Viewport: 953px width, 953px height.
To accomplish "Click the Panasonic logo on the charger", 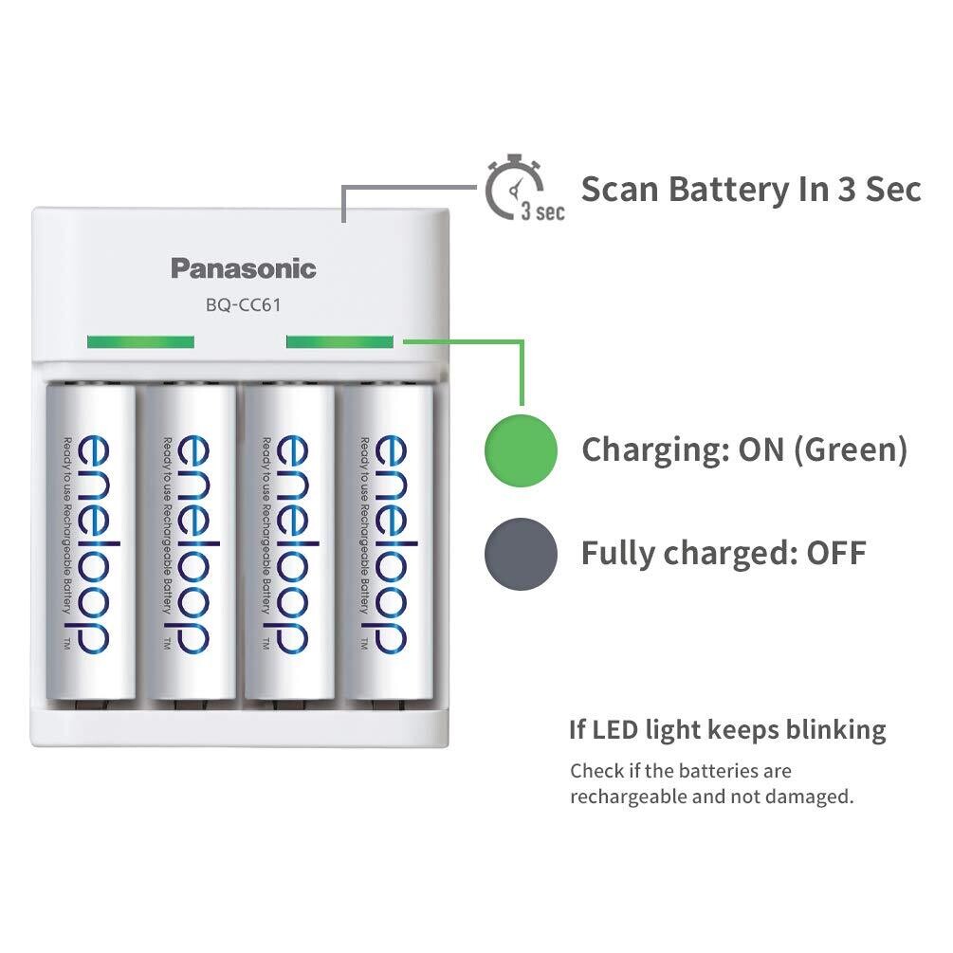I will point(243,268).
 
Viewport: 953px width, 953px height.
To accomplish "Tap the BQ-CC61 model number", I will point(243,305).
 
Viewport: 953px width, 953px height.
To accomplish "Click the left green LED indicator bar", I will point(139,341).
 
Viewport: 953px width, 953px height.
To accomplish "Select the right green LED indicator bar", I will point(339,341).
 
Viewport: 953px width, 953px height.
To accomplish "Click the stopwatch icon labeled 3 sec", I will point(517,190).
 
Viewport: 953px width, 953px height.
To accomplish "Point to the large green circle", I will point(521,449).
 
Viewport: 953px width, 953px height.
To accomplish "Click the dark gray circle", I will point(521,553).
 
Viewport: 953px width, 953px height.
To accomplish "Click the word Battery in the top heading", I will point(727,189).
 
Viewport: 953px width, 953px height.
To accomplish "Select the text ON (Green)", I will point(822,449).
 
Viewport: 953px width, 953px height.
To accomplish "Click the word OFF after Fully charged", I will point(835,553).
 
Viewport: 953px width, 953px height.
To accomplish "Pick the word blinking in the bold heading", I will point(835,729).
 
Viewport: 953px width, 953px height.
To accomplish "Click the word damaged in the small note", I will point(809,797).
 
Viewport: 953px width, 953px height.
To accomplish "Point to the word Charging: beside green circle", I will point(654,449).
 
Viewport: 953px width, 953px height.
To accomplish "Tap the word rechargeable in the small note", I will point(628,797).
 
